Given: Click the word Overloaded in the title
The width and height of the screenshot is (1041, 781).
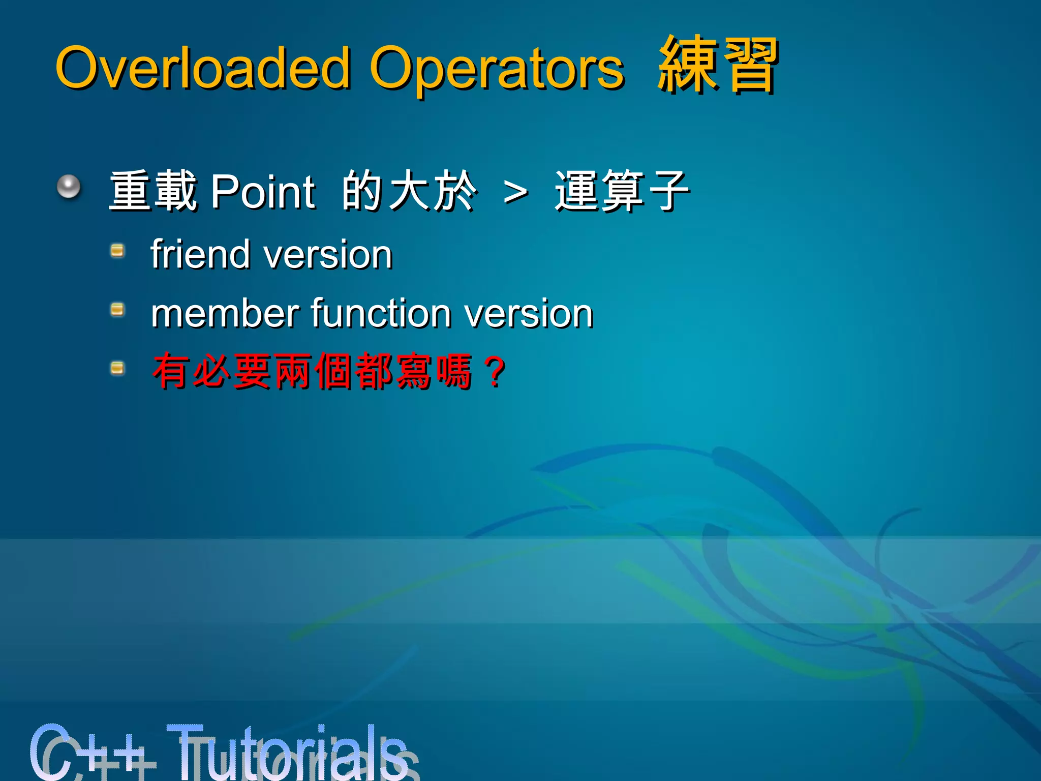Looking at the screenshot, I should point(203,67).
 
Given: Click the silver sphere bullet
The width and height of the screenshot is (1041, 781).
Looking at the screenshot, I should point(69,187).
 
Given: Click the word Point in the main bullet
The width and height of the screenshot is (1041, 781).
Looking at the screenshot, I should point(263,192).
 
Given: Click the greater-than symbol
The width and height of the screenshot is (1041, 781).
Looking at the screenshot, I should point(515,193).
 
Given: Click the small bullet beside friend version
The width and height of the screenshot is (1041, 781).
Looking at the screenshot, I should point(117,251).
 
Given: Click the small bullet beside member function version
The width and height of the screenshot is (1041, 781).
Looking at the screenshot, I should point(117,309).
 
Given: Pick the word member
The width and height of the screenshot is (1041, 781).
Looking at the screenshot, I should point(225,313).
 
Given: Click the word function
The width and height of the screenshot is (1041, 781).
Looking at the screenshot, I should point(381,313).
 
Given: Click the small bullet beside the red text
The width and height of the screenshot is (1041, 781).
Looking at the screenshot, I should point(117,368).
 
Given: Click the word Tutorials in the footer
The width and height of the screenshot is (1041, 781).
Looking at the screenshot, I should point(290,753).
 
